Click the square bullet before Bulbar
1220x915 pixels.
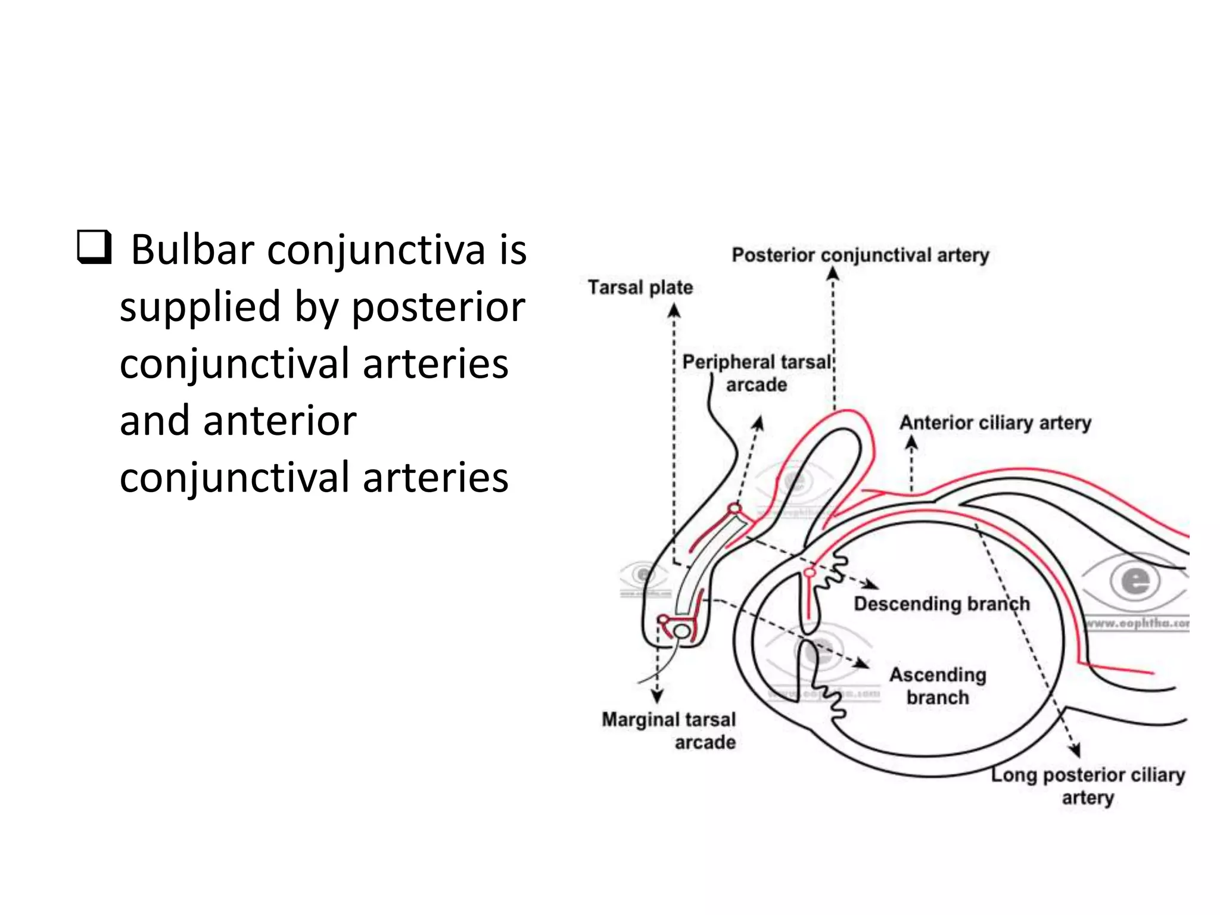(x=94, y=249)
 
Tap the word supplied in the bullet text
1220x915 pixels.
(x=200, y=307)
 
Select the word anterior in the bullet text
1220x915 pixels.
(x=280, y=421)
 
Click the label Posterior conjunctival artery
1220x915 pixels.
(x=860, y=255)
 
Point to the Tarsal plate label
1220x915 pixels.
(x=640, y=287)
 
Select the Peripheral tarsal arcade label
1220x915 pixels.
(x=757, y=374)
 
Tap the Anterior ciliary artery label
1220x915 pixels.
(x=995, y=423)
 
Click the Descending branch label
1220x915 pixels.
(x=942, y=603)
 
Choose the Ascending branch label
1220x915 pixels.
(x=938, y=686)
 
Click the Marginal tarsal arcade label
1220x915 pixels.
(x=669, y=730)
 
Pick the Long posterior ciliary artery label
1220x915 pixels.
(x=1088, y=786)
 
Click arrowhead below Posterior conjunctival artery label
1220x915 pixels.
(x=833, y=273)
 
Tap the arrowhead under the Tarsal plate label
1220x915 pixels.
(x=674, y=310)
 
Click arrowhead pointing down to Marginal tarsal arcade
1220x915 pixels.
(x=657, y=696)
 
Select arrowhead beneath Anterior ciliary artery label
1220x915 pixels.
(x=911, y=443)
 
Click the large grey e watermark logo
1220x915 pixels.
(x=1135, y=581)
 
